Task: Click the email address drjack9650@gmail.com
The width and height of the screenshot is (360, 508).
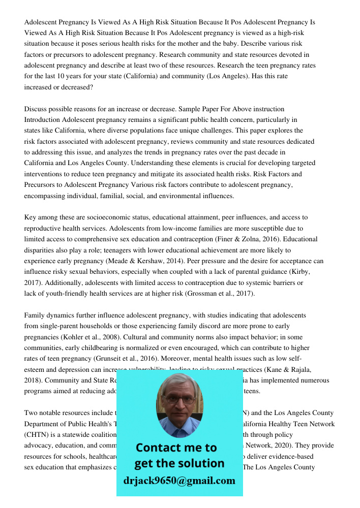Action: (x=179, y=481)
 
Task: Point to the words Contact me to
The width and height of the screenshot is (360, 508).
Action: (x=176, y=448)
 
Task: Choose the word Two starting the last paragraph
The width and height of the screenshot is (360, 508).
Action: (x=32, y=412)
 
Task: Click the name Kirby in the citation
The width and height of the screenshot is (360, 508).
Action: (x=299, y=272)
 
